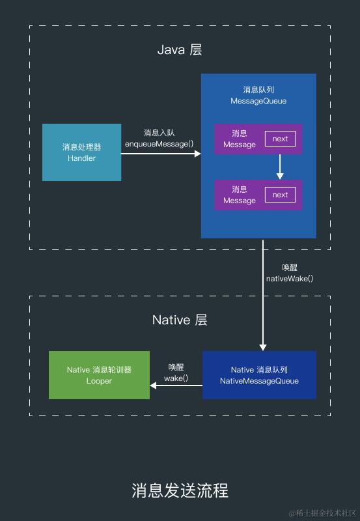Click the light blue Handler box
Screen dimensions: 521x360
click(x=81, y=152)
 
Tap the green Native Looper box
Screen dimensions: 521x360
click(x=99, y=374)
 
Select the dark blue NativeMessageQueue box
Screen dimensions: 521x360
click(x=259, y=374)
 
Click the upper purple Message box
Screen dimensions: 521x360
click(x=238, y=139)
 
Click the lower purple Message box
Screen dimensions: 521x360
click(x=238, y=195)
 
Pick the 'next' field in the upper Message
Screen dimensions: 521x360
click(x=280, y=139)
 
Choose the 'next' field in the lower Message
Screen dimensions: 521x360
click(x=280, y=195)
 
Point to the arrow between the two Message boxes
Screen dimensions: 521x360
click(x=280, y=167)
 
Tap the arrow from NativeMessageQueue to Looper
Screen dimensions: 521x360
click(x=176, y=386)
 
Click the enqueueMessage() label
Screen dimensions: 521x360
click(x=159, y=143)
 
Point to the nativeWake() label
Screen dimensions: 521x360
click(x=290, y=278)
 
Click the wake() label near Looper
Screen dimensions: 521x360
click(x=176, y=378)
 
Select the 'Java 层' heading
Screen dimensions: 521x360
click(x=180, y=50)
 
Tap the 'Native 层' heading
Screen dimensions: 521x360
click(x=180, y=320)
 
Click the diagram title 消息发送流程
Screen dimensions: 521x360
click(x=180, y=490)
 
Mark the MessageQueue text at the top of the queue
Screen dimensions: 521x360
click(x=258, y=101)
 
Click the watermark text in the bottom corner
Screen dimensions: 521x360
click(x=322, y=513)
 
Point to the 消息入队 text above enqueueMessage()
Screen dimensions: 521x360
click(x=159, y=133)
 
